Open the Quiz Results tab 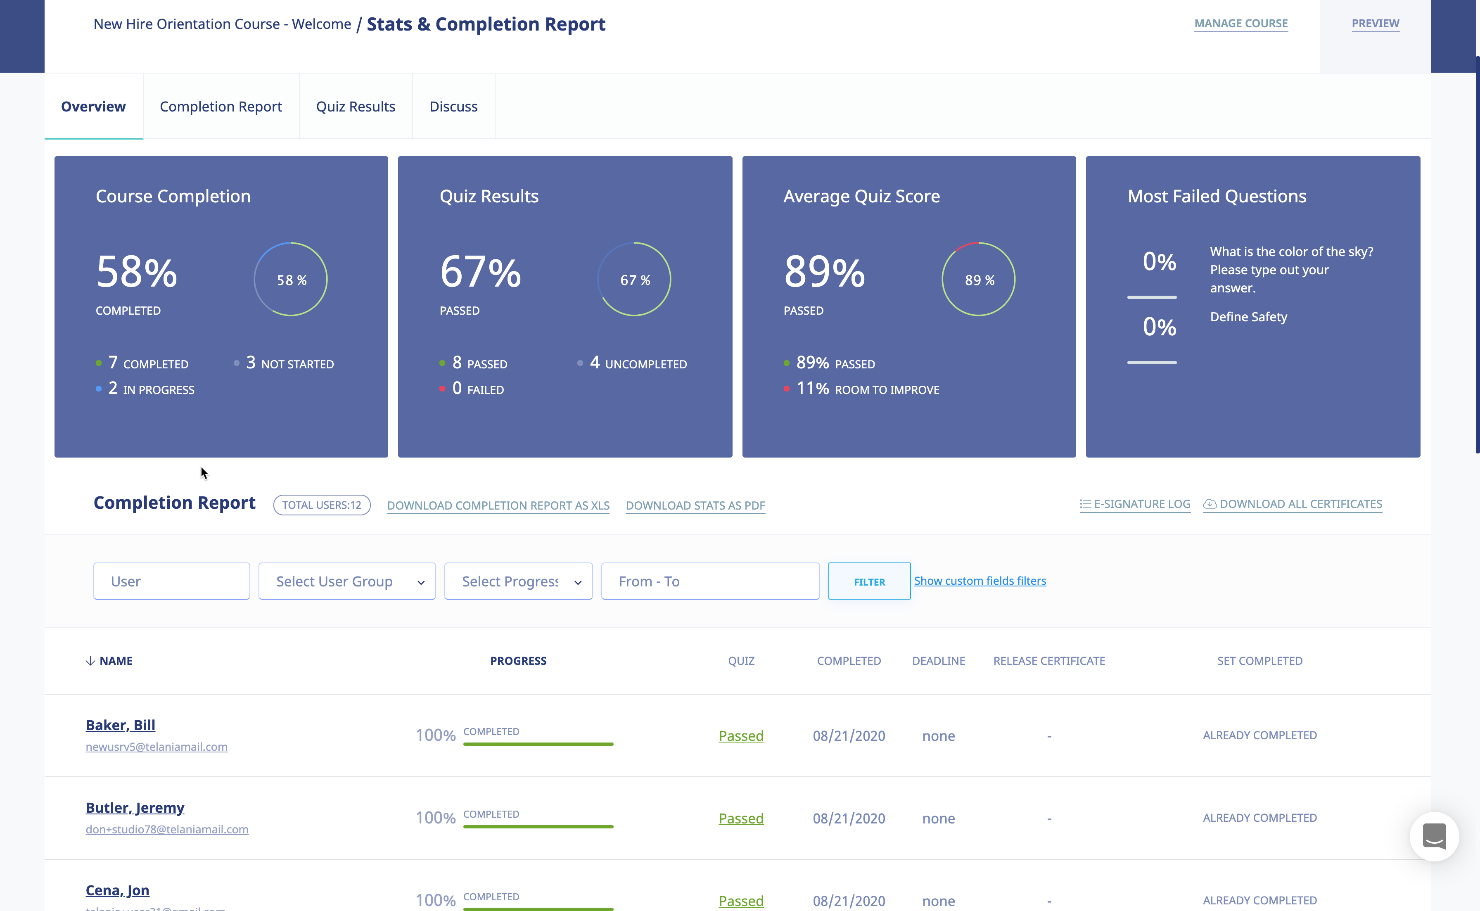(356, 107)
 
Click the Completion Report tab (221, 107)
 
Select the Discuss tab (453, 107)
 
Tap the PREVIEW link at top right (1375, 24)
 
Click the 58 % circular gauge (291, 280)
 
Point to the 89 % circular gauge (978, 280)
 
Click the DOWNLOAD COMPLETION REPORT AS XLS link (498, 505)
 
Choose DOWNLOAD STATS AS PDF (695, 505)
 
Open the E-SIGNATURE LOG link (1135, 504)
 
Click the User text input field (172, 581)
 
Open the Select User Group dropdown (347, 581)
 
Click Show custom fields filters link (980, 581)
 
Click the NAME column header (115, 661)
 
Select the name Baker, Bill (121, 725)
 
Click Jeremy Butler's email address (167, 829)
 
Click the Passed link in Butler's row (741, 818)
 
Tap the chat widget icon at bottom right (1434, 836)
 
